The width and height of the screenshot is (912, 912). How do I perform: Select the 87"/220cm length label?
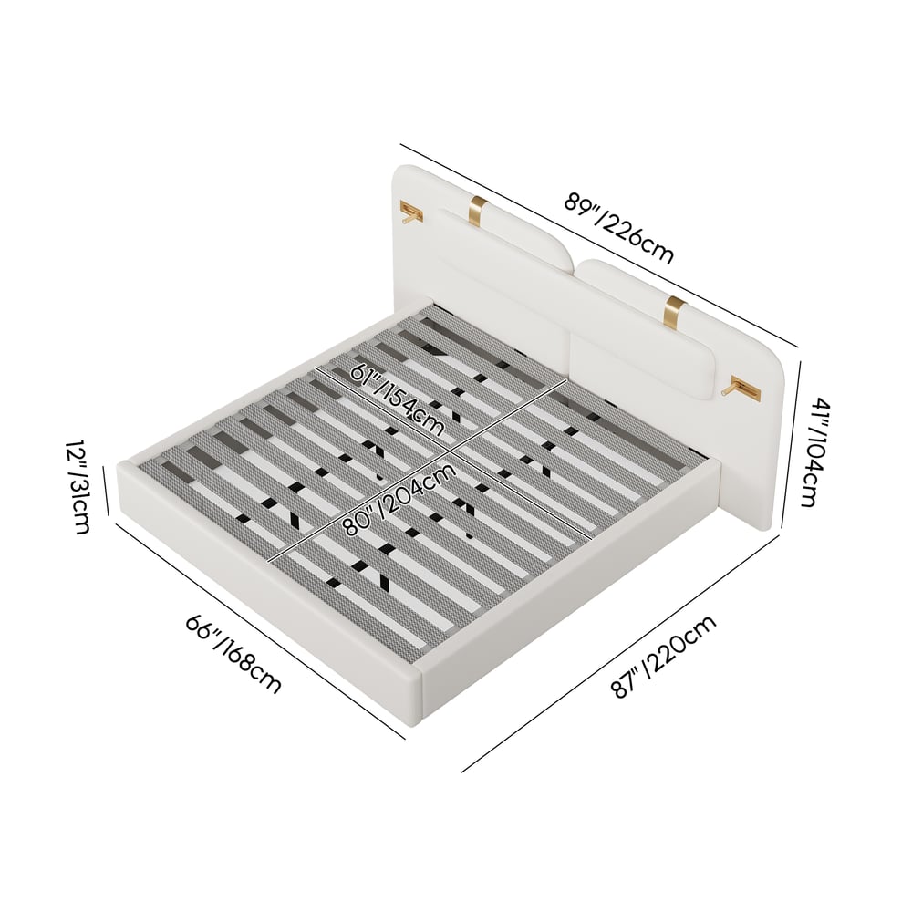click(x=664, y=657)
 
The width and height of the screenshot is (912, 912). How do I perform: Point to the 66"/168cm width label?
click(x=233, y=654)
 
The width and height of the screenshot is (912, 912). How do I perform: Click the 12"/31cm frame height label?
click(x=78, y=486)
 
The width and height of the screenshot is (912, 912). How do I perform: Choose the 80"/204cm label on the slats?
click(x=399, y=499)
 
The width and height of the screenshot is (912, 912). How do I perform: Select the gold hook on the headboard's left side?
click(x=411, y=212)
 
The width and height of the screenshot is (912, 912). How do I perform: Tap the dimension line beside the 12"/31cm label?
click(x=106, y=491)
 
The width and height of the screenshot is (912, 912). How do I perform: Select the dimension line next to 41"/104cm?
click(x=793, y=444)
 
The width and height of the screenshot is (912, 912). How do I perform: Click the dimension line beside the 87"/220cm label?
click(x=620, y=654)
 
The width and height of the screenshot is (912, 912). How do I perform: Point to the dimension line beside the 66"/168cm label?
click(x=261, y=631)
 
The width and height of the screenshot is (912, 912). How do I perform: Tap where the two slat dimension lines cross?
click(x=450, y=451)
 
